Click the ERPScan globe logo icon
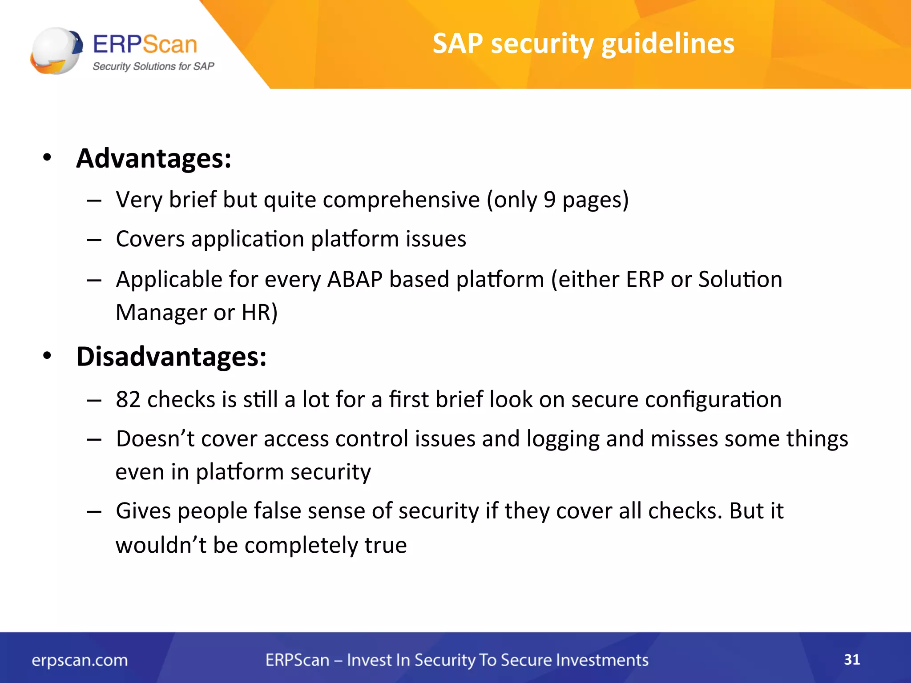click(56, 50)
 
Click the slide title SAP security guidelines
click(583, 44)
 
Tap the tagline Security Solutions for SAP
click(153, 67)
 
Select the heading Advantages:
click(153, 158)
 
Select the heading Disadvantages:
click(171, 357)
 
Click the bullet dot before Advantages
click(47, 157)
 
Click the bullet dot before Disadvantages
click(47, 356)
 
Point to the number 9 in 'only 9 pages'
click(549, 200)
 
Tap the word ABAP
click(355, 280)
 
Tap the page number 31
click(852, 659)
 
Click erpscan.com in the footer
click(80, 660)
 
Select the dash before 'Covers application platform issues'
click(94, 240)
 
